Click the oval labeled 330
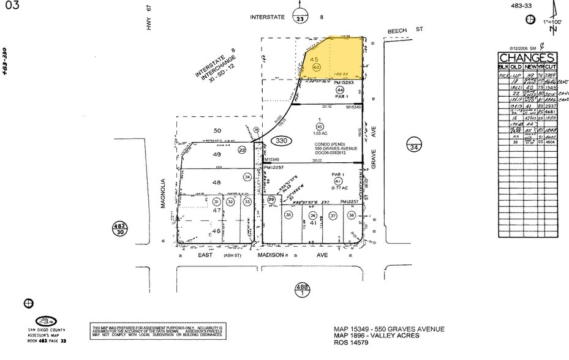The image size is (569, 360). point(281,141)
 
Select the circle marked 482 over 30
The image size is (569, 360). point(119,228)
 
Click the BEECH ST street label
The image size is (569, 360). point(405,29)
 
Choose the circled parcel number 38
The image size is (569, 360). point(352,215)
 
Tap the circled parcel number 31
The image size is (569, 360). point(217,201)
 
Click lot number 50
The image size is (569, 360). point(217,130)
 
